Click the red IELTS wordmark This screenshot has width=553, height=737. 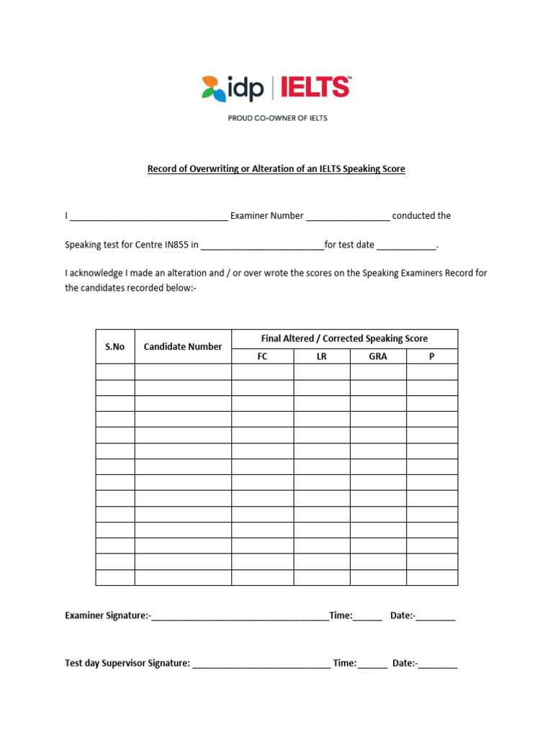point(315,88)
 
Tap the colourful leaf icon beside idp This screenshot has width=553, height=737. point(212,88)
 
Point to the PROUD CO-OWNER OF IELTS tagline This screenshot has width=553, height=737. point(277,118)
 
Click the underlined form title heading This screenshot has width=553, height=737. point(276,169)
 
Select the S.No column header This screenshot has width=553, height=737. point(114,347)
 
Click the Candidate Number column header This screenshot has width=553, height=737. point(183,347)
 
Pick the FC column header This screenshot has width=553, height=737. point(262,356)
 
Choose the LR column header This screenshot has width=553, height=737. point(321,356)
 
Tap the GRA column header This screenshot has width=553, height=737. point(378,356)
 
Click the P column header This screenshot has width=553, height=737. point(432,356)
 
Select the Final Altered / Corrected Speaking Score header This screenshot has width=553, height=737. point(344,338)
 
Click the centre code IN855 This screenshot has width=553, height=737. point(176,245)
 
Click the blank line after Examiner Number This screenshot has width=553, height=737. point(348,217)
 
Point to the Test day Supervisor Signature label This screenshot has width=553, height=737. point(127,663)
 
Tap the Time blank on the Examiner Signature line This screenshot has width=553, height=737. point(368,617)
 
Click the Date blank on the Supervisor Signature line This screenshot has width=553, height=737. point(438,664)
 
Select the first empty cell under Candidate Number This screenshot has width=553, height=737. point(183,371)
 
